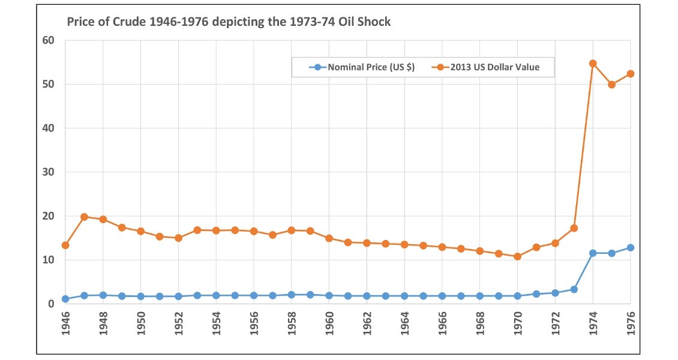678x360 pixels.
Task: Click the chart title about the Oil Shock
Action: click(229, 22)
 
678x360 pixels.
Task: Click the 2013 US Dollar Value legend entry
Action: click(486, 67)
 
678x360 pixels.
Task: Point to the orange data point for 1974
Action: click(593, 64)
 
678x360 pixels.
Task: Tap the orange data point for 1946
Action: click(65, 245)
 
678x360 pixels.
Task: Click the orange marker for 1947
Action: click(84, 217)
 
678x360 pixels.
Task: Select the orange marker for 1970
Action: click(517, 256)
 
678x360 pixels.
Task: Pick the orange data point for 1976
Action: click(631, 74)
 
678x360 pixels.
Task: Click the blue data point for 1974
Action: click(593, 253)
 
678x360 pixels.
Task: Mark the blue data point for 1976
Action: click(631, 248)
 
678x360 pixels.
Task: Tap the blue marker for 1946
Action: click(65, 299)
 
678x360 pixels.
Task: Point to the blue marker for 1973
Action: click(574, 289)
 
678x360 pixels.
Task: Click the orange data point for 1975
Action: click(612, 85)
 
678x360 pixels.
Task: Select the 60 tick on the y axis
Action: click(48, 41)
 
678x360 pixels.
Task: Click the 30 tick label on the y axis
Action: click(48, 172)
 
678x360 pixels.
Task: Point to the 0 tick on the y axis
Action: click(51, 304)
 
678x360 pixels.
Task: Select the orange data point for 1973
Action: click(574, 228)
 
